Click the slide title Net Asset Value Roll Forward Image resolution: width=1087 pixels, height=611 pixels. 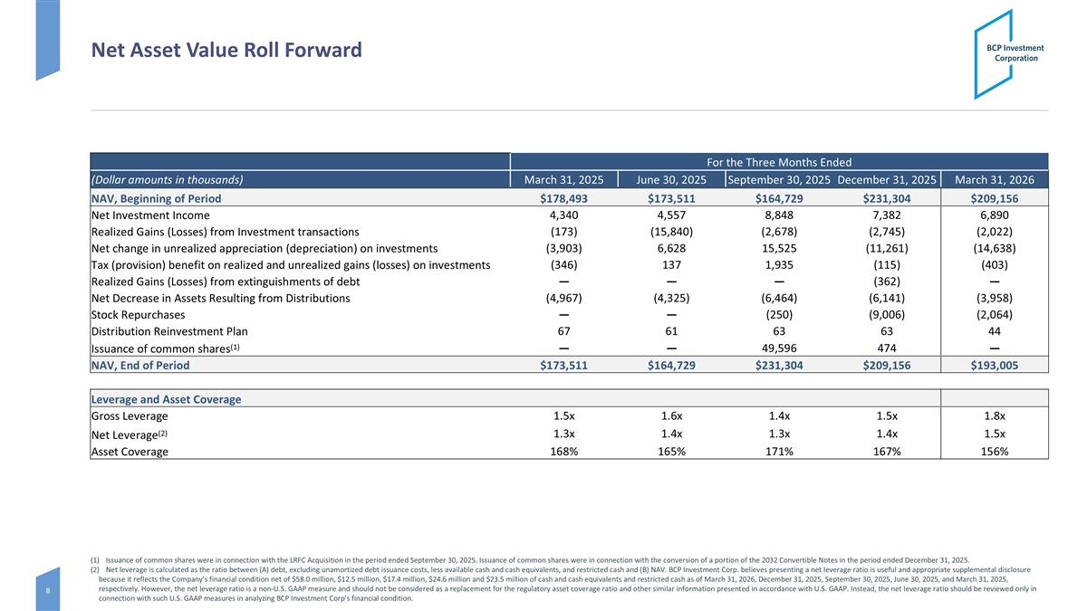pos(226,50)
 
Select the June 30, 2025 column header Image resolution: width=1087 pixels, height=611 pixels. pos(671,180)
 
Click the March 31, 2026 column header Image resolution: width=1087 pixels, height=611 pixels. pos(995,180)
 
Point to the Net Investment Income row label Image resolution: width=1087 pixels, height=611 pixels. pos(150,215)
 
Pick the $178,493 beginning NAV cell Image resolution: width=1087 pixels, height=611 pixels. pos(563,198)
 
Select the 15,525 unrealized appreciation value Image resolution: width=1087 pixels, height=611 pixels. pos(779,248)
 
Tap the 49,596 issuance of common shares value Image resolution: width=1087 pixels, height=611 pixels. pos(779,348)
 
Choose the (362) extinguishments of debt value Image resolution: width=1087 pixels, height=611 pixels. pos(887,282)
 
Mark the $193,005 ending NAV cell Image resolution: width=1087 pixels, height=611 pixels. pos(995,365)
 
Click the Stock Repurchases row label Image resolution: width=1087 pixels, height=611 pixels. pos(139,315)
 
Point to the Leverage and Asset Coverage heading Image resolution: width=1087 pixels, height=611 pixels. pos(166,399)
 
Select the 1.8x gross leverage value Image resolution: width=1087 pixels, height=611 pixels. pos(995,416)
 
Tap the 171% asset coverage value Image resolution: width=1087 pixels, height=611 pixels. pos(779,452)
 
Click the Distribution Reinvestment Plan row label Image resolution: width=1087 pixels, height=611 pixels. pos(169,331)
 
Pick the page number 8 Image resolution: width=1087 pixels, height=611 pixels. pos(47,590)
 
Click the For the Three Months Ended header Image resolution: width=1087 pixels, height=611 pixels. pos(779,162)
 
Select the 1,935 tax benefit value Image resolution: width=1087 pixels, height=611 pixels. pos(779,264)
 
